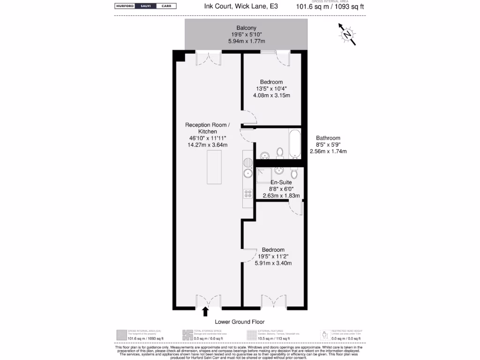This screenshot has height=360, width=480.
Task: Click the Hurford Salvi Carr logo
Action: [145, 6]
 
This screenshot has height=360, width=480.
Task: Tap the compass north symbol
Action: [347, 34]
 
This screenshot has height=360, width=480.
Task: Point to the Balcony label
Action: [246, 28]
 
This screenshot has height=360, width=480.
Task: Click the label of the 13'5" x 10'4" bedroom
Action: [271, 82]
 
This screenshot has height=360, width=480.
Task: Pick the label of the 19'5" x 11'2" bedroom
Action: [273, 250]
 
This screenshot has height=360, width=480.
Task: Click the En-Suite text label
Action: [281, 182]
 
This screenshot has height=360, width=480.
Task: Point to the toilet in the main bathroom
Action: [280, 152]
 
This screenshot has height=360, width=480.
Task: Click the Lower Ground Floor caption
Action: [240, 322]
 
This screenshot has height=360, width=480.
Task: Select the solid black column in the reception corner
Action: [179, 56]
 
